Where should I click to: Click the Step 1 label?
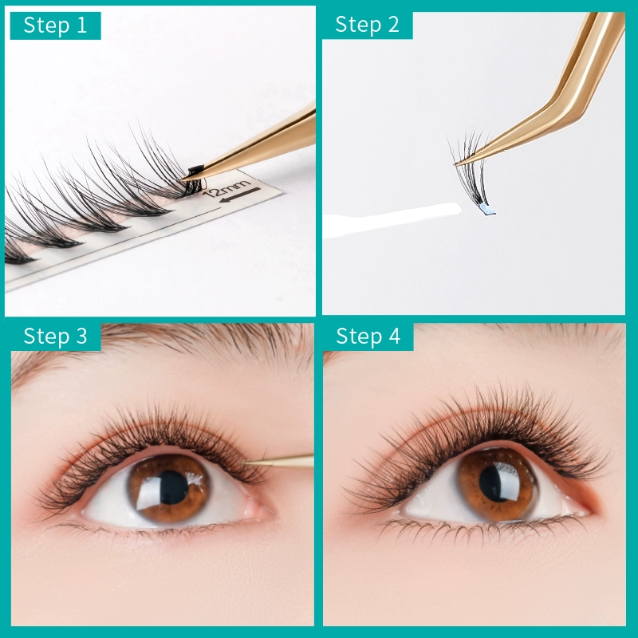coord(55,26)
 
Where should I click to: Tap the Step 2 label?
coord(367,25)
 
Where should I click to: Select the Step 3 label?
coord(55,336)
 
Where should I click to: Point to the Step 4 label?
coord(368,336)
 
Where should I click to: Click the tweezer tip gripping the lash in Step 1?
coord(184,178)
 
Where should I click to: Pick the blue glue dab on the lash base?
coord(486,210)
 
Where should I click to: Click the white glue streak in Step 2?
coord(392,220)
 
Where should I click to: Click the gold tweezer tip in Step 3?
coord(242,462)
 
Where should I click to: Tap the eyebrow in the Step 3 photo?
coord(163,346)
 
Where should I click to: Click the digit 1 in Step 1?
coord(82,26)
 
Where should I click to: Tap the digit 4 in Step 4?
coord(394,336)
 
